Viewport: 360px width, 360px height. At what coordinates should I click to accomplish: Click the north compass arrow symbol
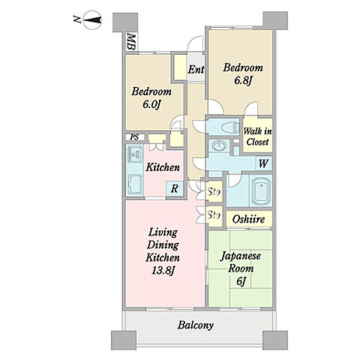[x=92, y=19]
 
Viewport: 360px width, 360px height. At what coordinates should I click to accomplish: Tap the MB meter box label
[x=131, y=42]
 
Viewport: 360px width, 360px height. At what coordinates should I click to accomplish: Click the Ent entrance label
[x=196, y=70]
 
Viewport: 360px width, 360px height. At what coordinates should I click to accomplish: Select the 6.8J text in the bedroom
[x=243, y=80]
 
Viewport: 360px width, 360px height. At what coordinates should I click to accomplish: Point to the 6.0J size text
[x=151, y=104]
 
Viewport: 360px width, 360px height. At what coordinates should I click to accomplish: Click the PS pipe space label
[x=134, y=137]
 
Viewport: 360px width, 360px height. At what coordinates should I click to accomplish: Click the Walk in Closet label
[x=257, y=136]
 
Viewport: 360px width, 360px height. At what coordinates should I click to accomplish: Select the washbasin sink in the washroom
[x=219, y=145]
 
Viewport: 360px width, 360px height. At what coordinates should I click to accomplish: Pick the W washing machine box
[x=264, y=163]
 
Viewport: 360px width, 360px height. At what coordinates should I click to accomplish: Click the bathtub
[x=260, y=191]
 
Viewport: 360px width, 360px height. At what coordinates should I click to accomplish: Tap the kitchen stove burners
[x=135, y=154]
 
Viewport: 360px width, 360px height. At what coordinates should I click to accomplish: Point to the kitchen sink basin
[x=135, y=184]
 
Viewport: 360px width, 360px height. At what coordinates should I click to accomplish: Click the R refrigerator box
[x=175, y=188]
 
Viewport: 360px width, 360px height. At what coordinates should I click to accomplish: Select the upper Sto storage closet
[x=214, y=192]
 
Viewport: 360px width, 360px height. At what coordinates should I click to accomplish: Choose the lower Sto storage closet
[x=214, y=216]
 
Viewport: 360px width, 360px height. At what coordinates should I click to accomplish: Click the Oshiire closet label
[x=248, y=219]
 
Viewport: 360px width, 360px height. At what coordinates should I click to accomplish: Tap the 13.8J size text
[x=163, y=270]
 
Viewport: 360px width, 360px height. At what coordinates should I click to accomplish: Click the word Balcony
[x=196, y=325]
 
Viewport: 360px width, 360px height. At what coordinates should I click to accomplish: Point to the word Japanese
[x=241, y=256]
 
